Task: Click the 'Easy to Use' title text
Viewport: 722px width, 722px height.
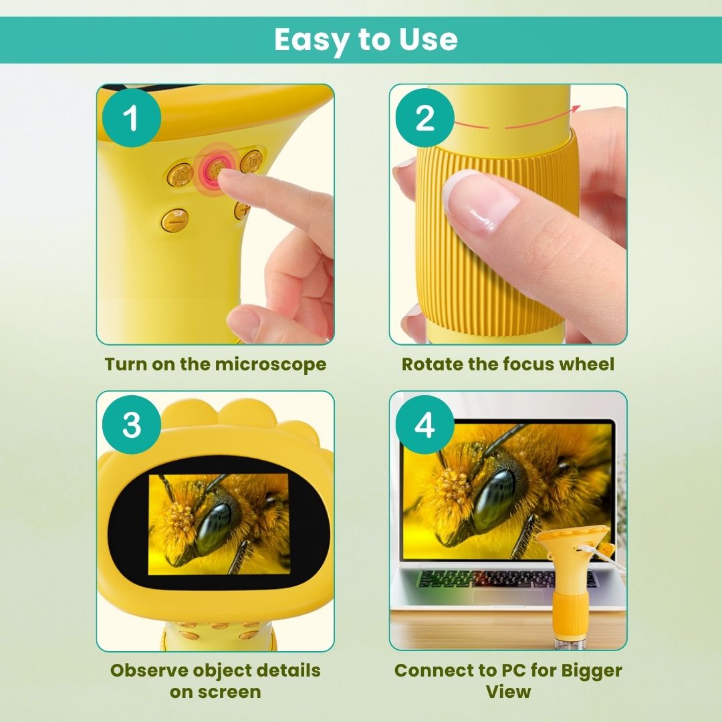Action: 366,39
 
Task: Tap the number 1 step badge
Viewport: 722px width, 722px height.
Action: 132,118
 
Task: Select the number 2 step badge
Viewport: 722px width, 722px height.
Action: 425,118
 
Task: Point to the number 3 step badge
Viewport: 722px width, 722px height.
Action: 132,425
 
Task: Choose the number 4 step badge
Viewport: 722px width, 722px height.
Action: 425,425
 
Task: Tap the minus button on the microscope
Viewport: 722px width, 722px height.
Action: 175,220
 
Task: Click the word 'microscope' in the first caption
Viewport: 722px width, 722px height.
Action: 271,364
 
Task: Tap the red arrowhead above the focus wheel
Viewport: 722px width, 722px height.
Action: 576,109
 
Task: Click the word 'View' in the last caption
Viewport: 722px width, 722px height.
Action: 508,692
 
